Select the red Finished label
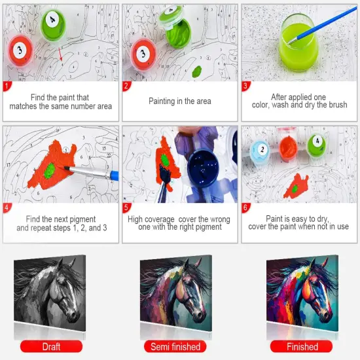[x=302, y=346]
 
